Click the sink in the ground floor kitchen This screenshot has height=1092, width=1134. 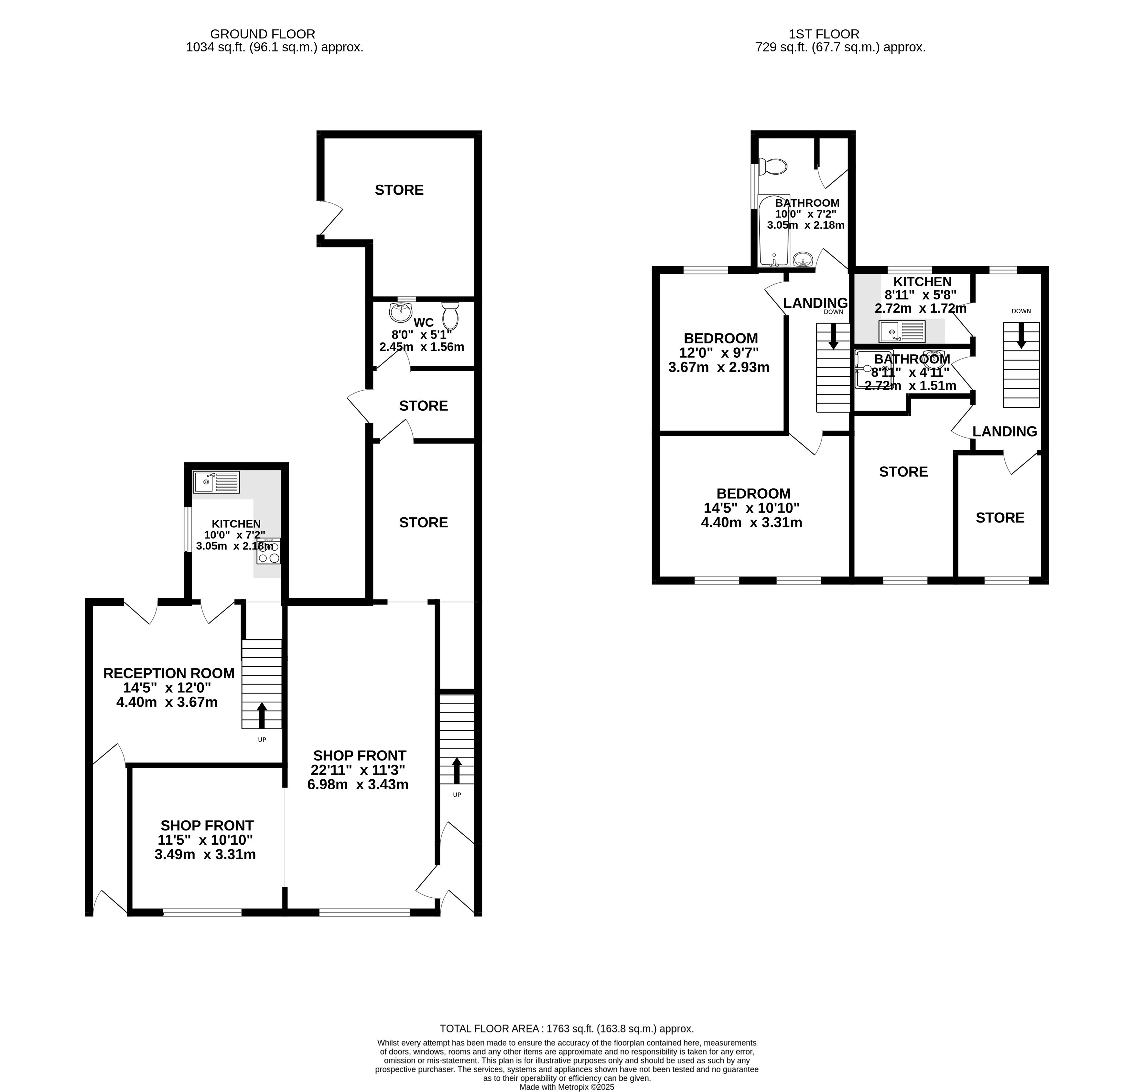pos(216,482)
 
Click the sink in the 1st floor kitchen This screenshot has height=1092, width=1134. pos(902,331)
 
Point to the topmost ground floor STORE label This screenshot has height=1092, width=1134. pos(399,190)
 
